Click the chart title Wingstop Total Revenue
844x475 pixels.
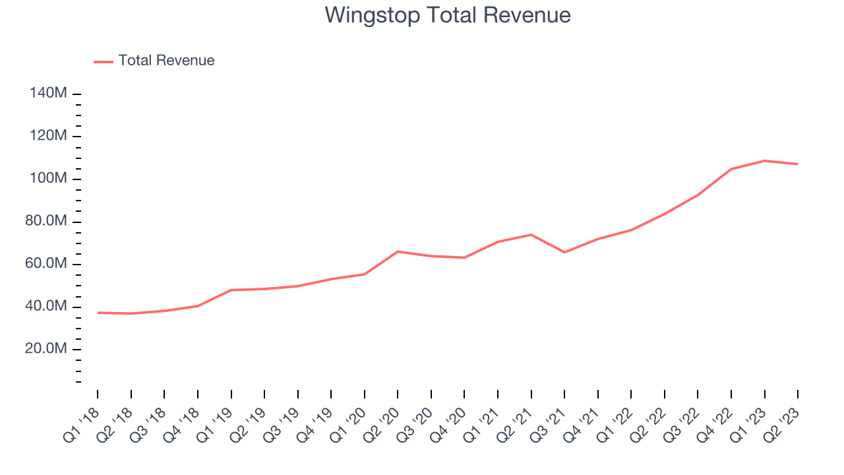point(448,16)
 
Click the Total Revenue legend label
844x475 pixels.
point(167,60)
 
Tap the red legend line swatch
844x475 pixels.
point(104,62)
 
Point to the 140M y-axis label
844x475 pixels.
point(48,93)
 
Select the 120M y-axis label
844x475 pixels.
point(48,135)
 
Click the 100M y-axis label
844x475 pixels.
point(48,178)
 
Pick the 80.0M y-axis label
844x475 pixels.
point(46,221)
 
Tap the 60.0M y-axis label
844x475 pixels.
point(46,263)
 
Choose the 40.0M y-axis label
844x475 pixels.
point(46,306)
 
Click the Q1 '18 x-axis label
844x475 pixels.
point(81,426)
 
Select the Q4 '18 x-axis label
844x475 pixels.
point(181,426)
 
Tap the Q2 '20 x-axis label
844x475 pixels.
point(381,426)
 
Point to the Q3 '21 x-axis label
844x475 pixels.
point(548,426)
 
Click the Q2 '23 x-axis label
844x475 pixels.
point(781,426)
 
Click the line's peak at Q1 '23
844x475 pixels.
point(764,161)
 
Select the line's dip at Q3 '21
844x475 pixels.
point(564,252)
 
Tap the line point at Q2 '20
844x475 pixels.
point(398,251)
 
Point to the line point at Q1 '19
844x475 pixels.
point(231,290)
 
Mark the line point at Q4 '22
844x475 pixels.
point(731,169)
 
